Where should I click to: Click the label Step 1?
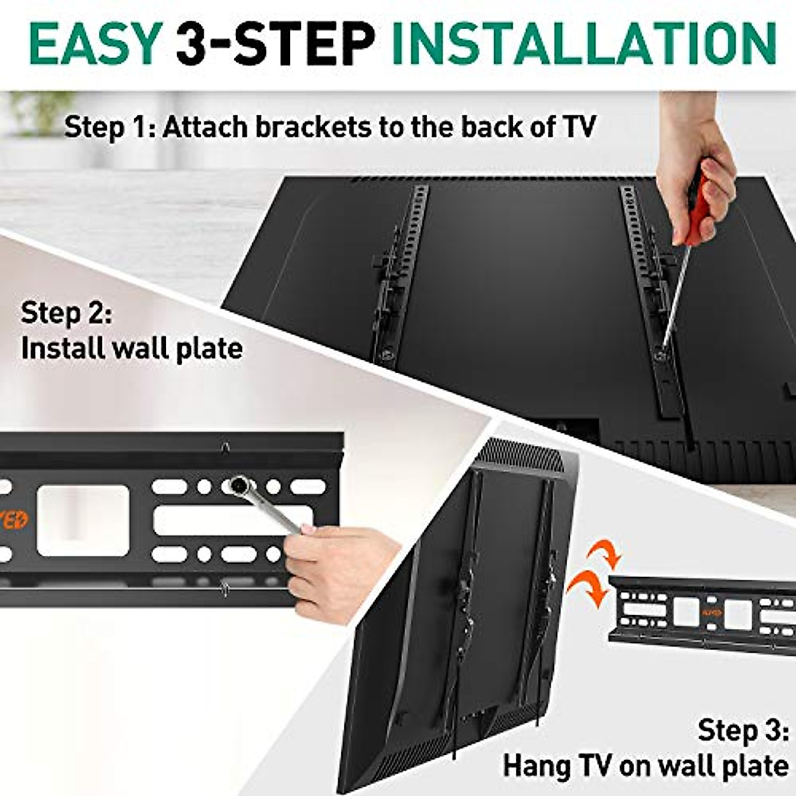point(109,127)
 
